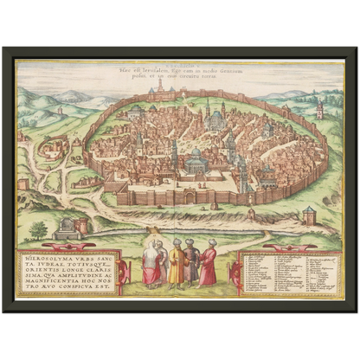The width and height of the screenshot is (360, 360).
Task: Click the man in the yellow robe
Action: pyautogui.click(x=176, y=265)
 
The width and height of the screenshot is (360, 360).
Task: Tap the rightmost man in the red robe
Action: pyautogui.click(x=209, y=265)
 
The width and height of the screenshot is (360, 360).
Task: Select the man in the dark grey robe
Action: pyautogui.click(x=192, y=266)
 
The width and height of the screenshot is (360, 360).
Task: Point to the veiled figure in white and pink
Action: pyautogui.click(x=151, y=265)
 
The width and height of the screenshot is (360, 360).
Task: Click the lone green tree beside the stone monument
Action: pyautogui.click(x=38, y=230)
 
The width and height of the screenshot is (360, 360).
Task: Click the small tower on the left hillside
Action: pyautogui.click(x=59, y=111)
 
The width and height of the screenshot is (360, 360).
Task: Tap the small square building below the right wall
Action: pyautogui.click(x=309, y=215)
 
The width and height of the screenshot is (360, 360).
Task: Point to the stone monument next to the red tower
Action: pyautogui.click(x=64, y=228)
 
